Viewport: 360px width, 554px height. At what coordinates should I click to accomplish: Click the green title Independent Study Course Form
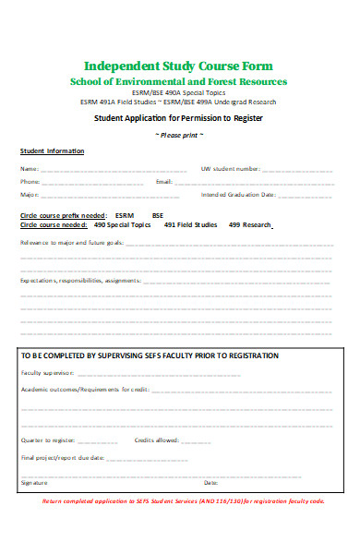click(179, 66)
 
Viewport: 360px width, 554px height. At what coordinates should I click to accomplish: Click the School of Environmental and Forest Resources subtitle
click(179, 82)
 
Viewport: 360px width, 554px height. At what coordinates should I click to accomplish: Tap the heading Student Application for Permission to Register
click(179, 119)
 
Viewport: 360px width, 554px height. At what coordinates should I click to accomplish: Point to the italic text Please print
click(180, 135)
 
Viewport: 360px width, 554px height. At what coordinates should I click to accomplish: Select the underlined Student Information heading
click(52, 151)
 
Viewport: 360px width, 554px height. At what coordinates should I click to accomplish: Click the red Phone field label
click(30, 182)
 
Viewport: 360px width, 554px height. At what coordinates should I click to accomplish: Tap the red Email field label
click(164, 182)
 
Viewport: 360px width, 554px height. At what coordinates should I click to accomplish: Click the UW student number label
click(230, 169)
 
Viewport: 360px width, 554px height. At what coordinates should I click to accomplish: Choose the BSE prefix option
click(158, 214)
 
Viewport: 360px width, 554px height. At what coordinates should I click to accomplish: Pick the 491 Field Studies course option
click(188, 224)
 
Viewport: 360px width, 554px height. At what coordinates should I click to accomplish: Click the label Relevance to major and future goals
click(71, 244)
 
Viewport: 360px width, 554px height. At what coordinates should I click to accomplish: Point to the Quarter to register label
click(47, 440)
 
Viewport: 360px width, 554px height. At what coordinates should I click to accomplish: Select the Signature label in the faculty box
click(32, 482)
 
